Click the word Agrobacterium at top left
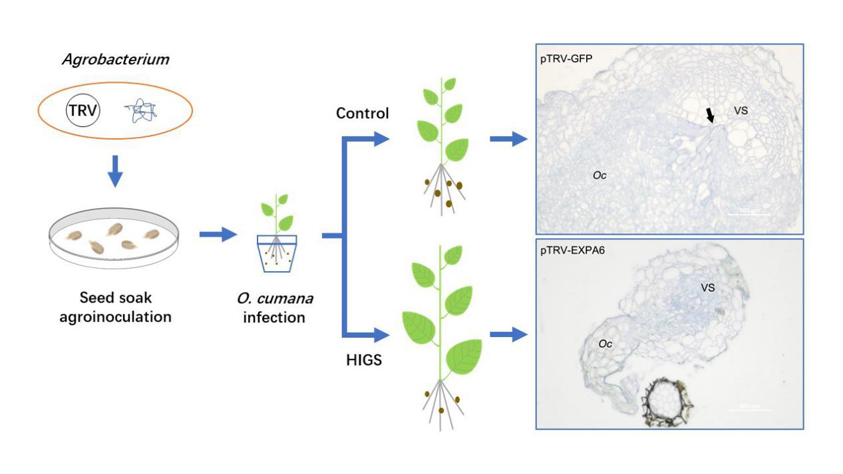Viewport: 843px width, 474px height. pos(116,60)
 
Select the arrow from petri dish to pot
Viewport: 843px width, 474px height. pos(218,234)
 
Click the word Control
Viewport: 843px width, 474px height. pos(362,113)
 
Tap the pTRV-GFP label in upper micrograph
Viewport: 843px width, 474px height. pos(567,59)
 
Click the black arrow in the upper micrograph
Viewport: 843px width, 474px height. pos(711,117)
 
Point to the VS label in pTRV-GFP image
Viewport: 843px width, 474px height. pos(741,110)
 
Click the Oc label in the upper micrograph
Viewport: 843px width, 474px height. pos(599,175)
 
